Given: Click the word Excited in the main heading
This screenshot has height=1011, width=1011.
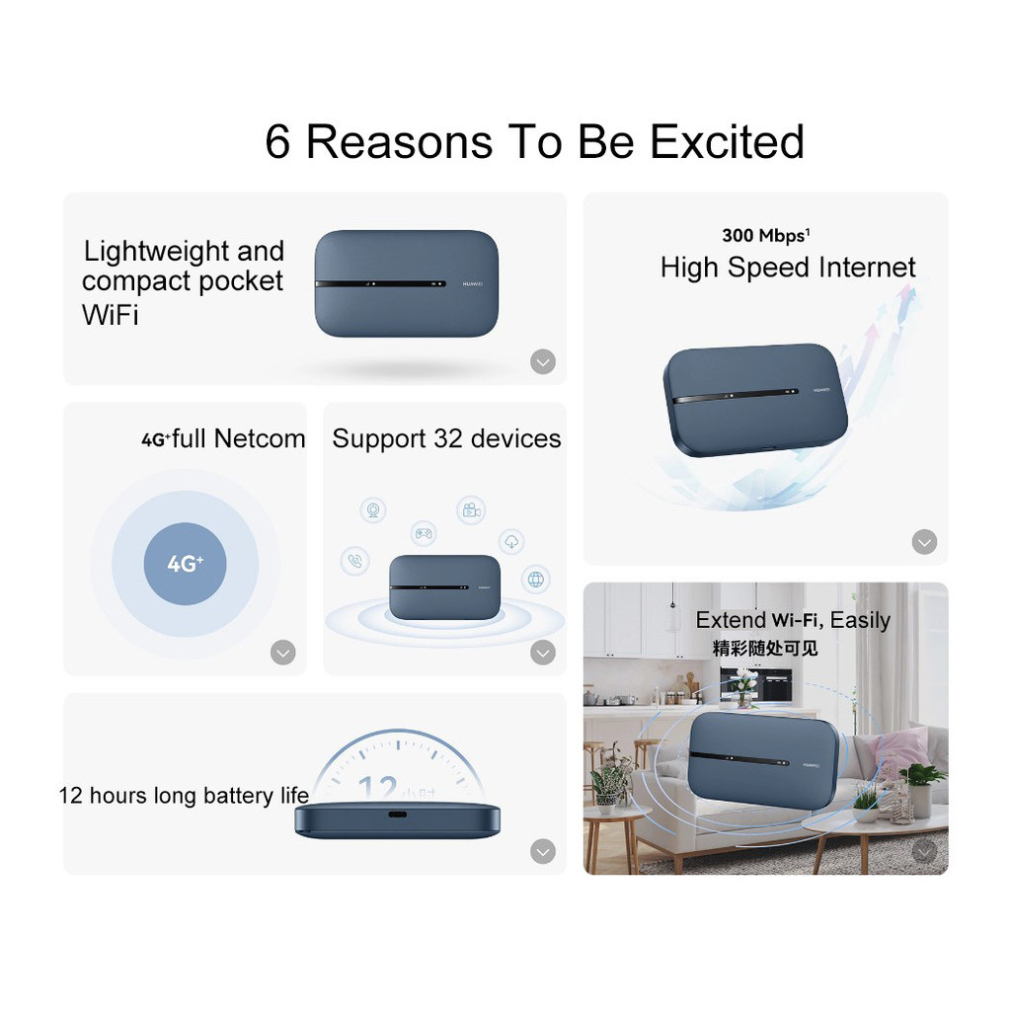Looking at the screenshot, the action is click(728, 141).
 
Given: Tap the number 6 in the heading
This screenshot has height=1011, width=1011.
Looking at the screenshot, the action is click(277, 142).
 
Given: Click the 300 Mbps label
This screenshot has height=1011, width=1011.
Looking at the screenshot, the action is click(765, 235).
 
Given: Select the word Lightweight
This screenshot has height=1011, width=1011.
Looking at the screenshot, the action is click(157, 252).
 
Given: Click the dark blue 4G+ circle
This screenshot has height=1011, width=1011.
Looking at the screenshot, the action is click(185, 564).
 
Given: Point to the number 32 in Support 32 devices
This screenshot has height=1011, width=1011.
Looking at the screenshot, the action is click(448, 438).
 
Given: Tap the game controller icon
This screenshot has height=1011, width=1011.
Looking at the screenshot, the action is click(424, 533).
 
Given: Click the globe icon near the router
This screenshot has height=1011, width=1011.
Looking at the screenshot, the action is click(536, 579).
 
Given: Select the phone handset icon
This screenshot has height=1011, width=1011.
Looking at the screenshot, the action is click(354, 561).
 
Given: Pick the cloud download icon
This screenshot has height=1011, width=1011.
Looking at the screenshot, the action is click(512, 542).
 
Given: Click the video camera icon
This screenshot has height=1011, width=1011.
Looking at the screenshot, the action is click(471, 510).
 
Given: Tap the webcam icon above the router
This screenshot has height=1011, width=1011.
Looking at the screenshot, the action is click(373, 510).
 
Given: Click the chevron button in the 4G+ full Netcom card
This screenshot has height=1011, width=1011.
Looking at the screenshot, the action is click(283, 653).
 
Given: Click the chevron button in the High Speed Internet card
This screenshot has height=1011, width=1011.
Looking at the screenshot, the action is click(924, 542).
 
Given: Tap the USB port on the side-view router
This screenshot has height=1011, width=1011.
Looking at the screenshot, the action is click(397, 815).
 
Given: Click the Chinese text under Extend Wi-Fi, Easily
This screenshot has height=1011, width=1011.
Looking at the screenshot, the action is click(765, 648).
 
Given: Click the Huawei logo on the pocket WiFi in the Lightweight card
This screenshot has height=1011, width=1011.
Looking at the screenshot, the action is click(473, 283).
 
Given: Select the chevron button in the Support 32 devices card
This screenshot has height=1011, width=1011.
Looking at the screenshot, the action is click(543, 653).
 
